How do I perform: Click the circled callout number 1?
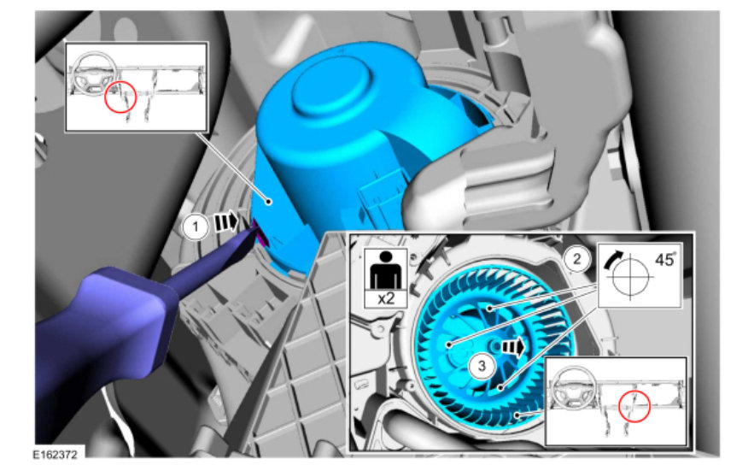[x=196, y=227]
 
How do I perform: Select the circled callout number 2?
[x=576, y=259]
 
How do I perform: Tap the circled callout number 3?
[x=482, y=366]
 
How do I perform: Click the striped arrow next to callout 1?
[x=226, y=221]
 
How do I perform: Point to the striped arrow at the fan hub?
[x=513, y=347]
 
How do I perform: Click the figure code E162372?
[x=56, y=455]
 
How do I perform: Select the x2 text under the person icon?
[x=386, y=298]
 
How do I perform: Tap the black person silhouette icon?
[x=386, y=270]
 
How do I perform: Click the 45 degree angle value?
[x=665, y=260]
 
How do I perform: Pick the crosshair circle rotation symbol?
[x=630, y=276]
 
